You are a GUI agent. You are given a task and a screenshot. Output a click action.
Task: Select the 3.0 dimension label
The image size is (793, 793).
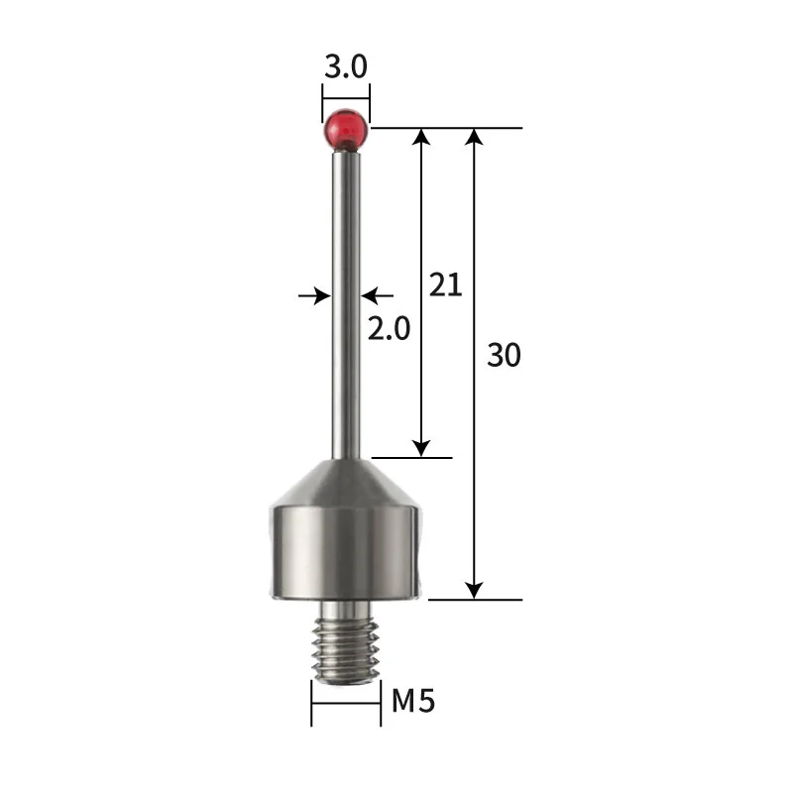tap(346, 67)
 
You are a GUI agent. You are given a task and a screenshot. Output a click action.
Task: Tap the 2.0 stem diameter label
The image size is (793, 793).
tap(389, 328)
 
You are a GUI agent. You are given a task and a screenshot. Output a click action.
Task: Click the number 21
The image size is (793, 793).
tap(446, 285)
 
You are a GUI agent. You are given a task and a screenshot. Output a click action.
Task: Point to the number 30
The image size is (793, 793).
tap(504, 355)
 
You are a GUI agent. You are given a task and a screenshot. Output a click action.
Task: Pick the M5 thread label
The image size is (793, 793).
tap(413, 702)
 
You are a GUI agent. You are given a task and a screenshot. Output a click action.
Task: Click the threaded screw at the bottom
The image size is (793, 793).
tap(346, 644)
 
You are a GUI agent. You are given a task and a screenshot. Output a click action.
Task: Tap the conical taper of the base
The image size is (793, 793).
tap(346, 481)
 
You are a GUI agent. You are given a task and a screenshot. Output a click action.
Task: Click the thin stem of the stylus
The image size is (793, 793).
tap(346, 297)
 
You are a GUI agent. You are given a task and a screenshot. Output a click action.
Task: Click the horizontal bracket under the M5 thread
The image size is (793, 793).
tap(346, 703)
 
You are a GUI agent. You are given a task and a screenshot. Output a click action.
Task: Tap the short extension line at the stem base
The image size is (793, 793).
tap(411, 458)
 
